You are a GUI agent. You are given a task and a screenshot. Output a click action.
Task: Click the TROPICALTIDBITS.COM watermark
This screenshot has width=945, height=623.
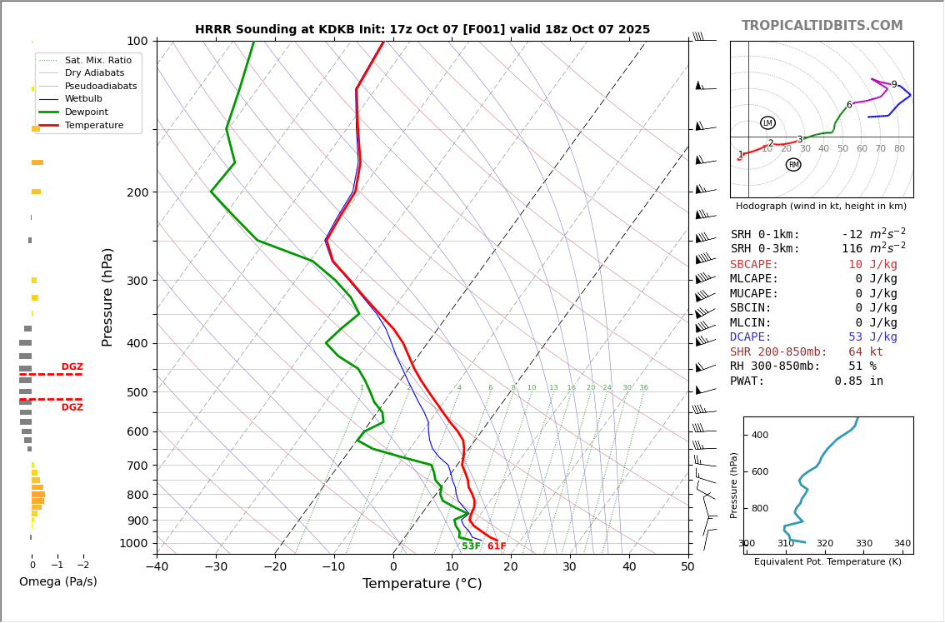[x=822, y=26]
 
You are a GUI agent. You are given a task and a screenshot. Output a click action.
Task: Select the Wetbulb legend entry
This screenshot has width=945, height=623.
[x=83, y=99]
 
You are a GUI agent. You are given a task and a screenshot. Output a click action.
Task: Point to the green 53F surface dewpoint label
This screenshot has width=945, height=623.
[x=471, y=546]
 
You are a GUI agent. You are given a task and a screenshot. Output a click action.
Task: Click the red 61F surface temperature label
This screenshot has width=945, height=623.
[x=497, y=546]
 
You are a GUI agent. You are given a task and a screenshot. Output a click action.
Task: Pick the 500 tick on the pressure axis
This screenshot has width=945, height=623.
[x=137, y=392]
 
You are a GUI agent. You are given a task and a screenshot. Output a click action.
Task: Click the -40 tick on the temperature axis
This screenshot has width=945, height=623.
[x=157, y=568]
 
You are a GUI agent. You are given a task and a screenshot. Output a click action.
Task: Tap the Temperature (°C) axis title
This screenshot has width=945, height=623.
[x=422, y=584]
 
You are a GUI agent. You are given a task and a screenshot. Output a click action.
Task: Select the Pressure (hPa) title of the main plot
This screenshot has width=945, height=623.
[x=108, y=297]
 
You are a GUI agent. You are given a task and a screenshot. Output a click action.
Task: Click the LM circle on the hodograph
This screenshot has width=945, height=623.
[x=767, y=123]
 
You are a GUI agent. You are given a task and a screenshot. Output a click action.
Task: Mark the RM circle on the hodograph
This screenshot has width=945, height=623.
[x=793, y=165]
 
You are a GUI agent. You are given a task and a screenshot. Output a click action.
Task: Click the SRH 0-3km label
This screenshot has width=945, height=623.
[x=765, y=249]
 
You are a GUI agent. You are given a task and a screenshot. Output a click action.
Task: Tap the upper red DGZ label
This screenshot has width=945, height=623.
[x=72, y=367]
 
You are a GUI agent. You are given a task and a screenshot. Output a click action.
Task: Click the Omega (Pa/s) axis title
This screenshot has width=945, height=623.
[x=58, y=582]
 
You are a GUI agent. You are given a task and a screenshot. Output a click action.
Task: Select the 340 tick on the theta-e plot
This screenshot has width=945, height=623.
[x=902, y=544]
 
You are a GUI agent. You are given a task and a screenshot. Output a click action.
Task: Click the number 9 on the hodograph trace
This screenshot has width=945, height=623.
[x=894, y=85]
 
